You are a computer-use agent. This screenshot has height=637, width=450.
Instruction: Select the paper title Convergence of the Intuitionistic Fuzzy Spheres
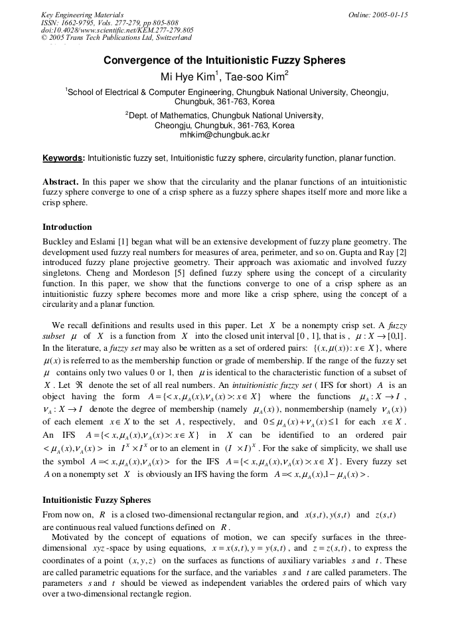point(224,60)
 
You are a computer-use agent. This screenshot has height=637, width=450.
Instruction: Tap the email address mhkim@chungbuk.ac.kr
point(224,134)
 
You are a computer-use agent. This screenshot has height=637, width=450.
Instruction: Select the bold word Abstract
point(60,181)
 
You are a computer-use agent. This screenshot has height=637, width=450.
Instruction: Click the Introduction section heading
point(67,227)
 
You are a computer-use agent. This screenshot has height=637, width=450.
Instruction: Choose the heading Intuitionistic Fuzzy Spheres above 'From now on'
point(96,500)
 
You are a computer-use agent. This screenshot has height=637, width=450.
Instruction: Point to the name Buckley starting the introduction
point(58,242)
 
